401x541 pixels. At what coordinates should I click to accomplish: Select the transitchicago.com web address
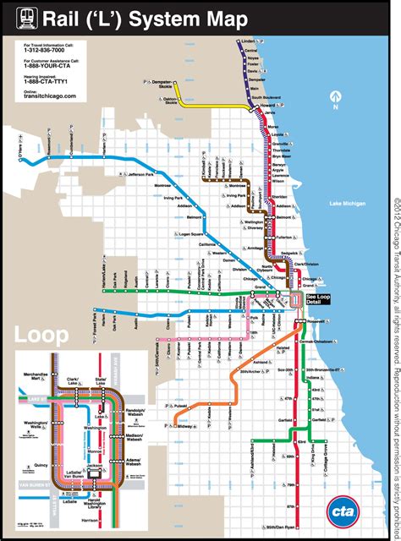(51, 96)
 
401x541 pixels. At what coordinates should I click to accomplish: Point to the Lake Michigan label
(348, 204)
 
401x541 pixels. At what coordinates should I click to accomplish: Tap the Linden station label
(247, 40)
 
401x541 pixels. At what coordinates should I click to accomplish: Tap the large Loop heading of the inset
(41, 335)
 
